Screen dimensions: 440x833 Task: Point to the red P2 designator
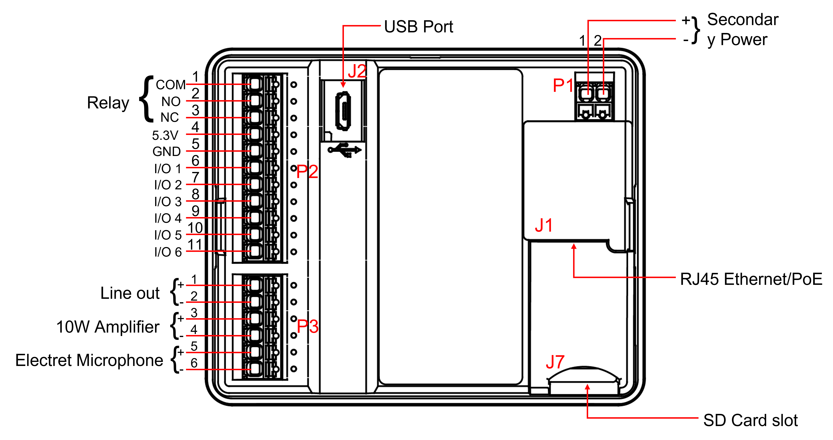pos(307,172)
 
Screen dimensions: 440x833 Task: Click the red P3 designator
pos(307,326)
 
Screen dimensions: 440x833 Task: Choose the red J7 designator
pos(555,362)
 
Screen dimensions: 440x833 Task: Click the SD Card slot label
pos(750,420)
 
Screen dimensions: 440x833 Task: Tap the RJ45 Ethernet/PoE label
pos(751,279)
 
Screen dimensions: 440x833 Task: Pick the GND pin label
pos(166,152)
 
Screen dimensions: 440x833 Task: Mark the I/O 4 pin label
pos(168,218)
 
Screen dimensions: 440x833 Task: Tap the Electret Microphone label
pos(89,360)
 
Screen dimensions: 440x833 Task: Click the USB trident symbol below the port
pos(344,150)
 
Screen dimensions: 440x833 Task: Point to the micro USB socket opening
pos(343,111)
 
